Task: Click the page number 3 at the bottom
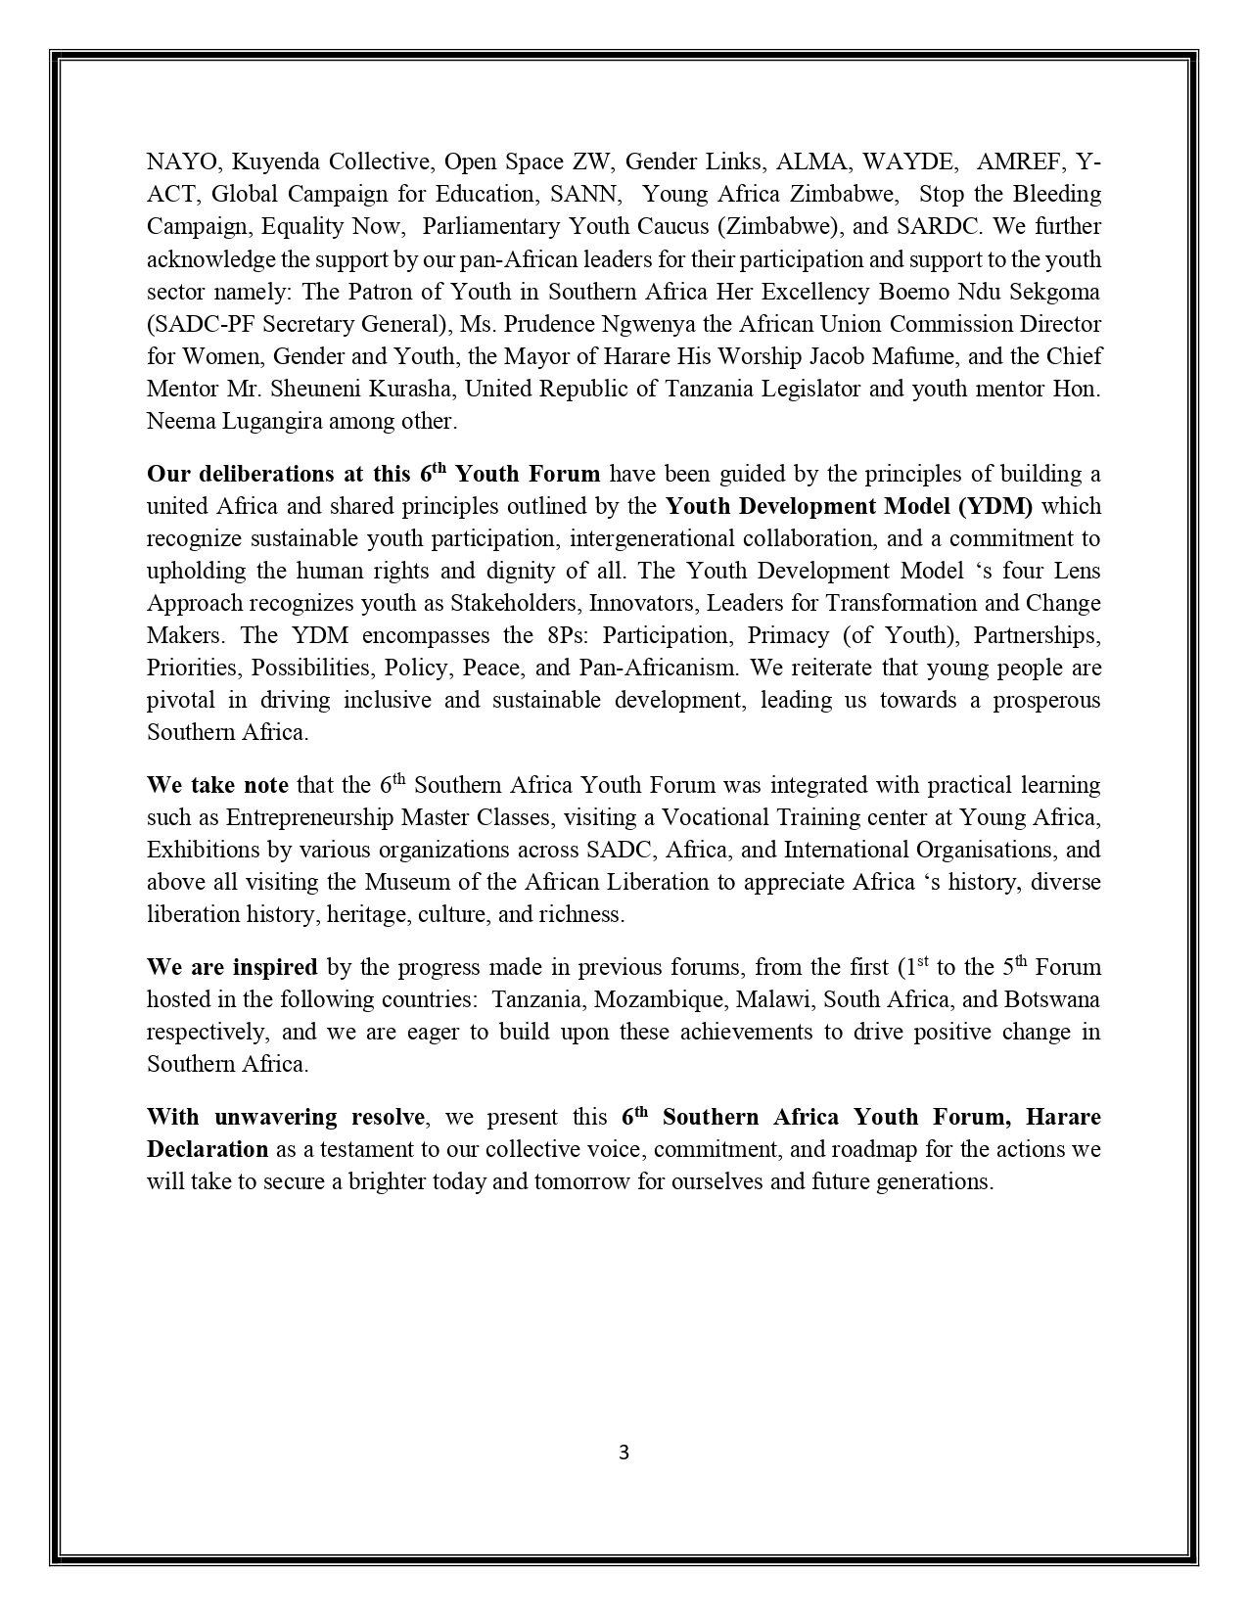pyautogui.click(x=624, y=1453)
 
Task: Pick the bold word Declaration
pyautogui.click(x=208, y=1149)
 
